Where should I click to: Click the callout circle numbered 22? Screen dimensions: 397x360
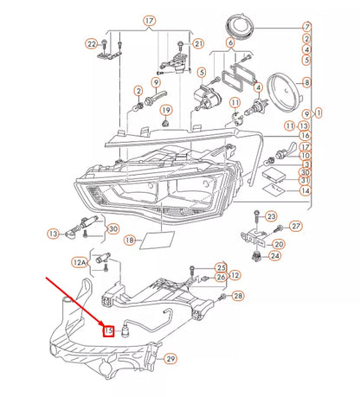click(92, 42)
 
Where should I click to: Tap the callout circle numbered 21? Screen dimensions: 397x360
click(198, 42)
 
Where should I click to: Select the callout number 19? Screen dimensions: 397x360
click(166, 110)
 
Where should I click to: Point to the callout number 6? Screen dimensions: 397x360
click(229, 42)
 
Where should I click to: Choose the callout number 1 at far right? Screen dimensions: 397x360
click(319, 112)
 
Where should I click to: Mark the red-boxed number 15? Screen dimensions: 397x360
click(109, 329)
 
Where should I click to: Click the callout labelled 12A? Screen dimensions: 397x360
click(80, 259)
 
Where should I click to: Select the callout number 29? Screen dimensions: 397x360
click(170, 358)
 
